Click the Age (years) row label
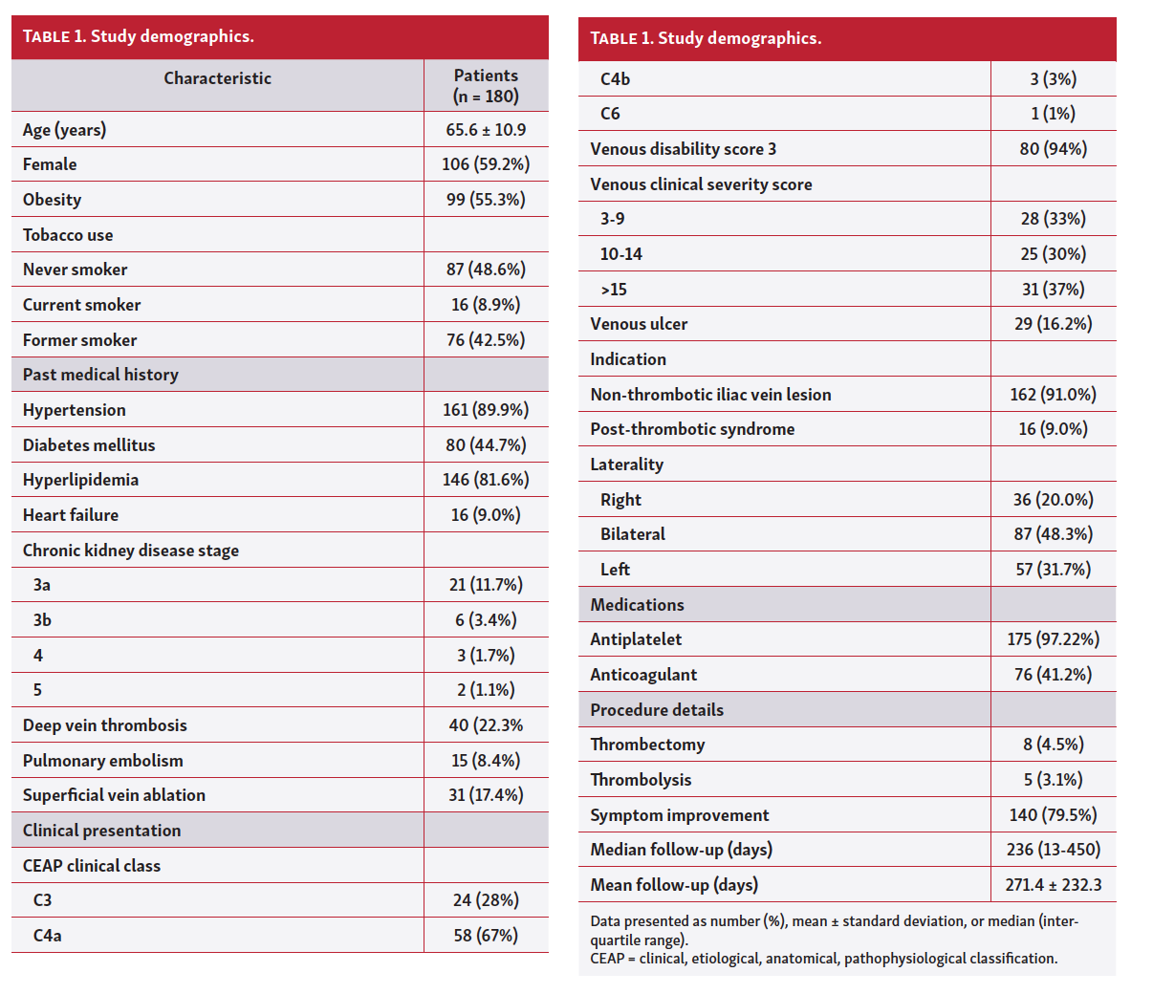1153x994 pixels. pos(64,130)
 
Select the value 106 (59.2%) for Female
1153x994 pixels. pos(486,164)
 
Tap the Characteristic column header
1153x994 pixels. pos(217,78)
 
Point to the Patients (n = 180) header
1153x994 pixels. pos(486,86)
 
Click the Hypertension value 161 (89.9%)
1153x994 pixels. pos(486,410)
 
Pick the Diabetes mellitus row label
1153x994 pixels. pos(89,445)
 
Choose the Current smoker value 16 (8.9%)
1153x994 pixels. pos(486,305)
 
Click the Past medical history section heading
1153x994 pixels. pos(100,375)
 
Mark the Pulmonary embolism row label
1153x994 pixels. pos(103,761)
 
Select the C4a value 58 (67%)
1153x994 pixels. pos(486,936)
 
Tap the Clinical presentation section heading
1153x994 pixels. pos(101,831)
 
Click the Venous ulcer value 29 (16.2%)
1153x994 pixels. pos(1053,324)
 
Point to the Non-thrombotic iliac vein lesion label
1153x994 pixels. pos(710,395)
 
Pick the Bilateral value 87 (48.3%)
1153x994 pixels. pos(1053,534)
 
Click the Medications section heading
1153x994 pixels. pos(637,605)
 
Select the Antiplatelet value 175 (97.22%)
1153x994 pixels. pos(1053,639)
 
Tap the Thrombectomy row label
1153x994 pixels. pos(647,745)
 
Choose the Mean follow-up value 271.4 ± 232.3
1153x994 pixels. pos(1053,885)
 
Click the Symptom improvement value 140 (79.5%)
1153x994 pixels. pos(1053,815)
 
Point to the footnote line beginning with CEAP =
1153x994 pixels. pos(823,959)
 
